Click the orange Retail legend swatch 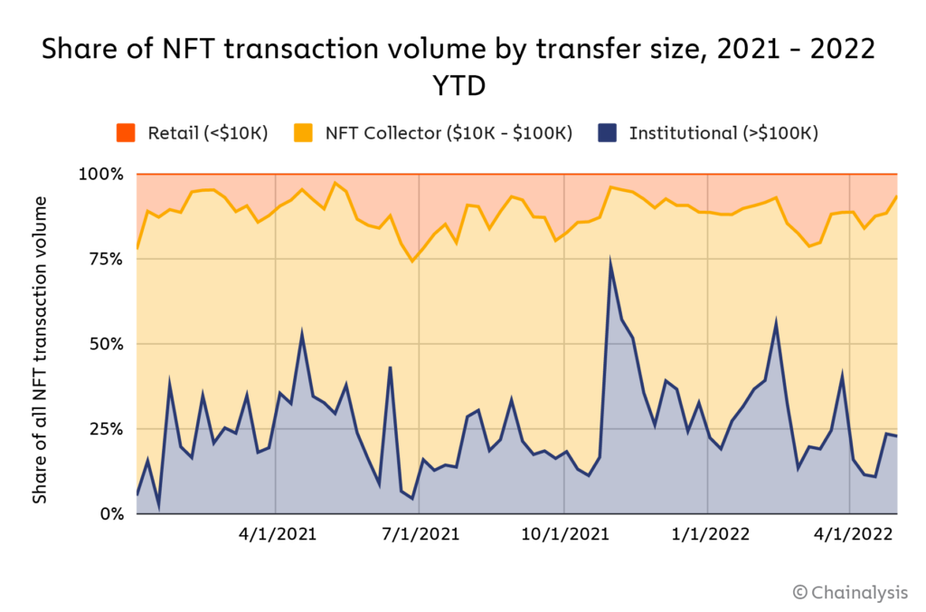[125, 133]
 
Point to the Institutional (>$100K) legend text [723, 133]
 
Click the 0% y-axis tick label [109, 513]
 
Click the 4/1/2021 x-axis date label [276, 534]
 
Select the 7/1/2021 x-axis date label [420, 534]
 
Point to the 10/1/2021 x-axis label [564, 534]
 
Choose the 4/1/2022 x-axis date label [851, 534]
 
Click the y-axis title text [40, 349]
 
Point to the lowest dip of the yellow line [412, 261]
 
